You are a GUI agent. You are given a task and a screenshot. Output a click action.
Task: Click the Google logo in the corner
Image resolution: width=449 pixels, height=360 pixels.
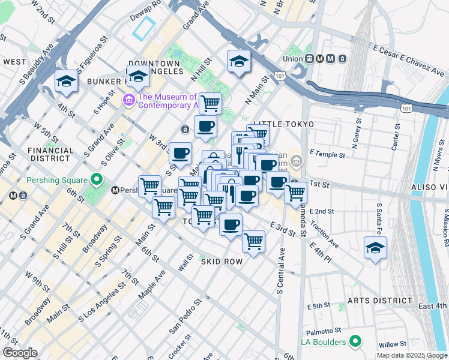pos(20,353)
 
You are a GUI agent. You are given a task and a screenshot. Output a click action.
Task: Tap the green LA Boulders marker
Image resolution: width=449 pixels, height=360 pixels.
pos(355,342)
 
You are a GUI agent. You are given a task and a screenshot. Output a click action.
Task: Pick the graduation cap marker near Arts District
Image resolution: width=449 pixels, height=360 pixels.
pos(375,248)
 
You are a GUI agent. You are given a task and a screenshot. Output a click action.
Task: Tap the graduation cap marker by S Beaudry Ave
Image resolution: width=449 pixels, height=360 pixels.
pos(65,81)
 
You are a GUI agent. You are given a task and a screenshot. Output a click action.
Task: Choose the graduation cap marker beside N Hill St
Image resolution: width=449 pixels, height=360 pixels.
pos(239,61)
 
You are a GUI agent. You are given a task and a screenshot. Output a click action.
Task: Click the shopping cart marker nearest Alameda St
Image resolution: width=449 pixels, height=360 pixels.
pos(295,193)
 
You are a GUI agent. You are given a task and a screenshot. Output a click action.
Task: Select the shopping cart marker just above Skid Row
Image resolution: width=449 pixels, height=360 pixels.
pos(254,242)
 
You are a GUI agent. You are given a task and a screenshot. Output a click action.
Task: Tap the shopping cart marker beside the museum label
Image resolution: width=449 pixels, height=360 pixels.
pos(210,103)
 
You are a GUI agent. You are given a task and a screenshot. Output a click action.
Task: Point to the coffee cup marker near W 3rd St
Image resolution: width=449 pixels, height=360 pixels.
pos(180,154)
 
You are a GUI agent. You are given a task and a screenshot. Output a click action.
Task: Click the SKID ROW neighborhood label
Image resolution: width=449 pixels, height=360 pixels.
pos(221,262)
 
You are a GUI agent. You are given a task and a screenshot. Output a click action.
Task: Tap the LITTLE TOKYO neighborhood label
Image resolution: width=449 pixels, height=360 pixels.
pos(283,124)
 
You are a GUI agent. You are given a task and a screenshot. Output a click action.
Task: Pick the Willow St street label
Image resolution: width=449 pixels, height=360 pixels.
pos(393,345)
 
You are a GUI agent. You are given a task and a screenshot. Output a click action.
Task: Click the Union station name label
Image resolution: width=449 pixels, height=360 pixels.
pos(294,59)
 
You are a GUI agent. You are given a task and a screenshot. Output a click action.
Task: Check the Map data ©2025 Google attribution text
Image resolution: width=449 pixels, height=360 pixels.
pos(411,355)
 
